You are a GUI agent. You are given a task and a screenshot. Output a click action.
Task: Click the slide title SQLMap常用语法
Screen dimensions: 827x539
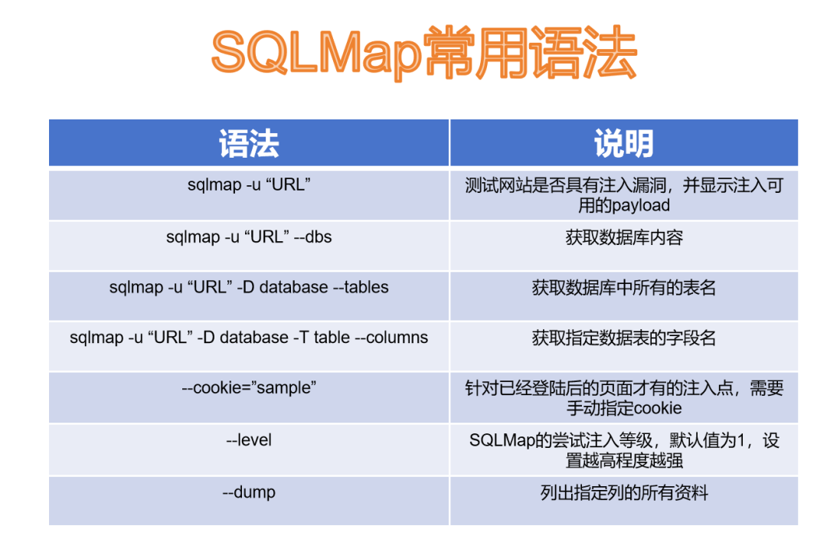424,53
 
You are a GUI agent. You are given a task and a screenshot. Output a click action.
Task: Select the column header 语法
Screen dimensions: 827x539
249,143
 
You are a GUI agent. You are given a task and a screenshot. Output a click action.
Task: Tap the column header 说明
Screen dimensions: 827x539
624,143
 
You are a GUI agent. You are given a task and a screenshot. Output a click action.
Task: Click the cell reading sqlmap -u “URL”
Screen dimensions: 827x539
249,185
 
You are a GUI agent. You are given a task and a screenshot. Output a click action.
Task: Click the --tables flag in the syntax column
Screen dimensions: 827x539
361,287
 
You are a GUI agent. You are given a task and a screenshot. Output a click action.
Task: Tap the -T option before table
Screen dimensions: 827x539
301,337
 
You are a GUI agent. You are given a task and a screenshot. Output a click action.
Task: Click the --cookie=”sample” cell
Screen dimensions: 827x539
249,387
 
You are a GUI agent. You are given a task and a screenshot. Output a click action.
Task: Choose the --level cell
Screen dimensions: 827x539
249,439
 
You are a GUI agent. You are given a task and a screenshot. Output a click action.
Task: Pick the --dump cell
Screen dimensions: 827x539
249,492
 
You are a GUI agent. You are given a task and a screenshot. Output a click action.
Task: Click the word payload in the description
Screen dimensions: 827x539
639,205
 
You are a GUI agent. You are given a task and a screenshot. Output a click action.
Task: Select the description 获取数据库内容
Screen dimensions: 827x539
624,237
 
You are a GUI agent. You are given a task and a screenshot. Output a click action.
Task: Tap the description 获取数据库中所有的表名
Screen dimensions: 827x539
624,287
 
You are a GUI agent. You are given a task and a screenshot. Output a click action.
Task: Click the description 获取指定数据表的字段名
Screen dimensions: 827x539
624,338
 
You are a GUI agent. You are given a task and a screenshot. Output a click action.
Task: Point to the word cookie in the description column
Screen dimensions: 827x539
657,408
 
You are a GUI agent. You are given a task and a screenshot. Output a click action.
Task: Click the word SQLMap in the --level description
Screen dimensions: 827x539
502,439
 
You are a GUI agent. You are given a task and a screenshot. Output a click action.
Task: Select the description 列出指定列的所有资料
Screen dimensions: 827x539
624,492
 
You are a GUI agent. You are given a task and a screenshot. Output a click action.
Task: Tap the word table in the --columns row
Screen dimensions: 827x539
332,337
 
